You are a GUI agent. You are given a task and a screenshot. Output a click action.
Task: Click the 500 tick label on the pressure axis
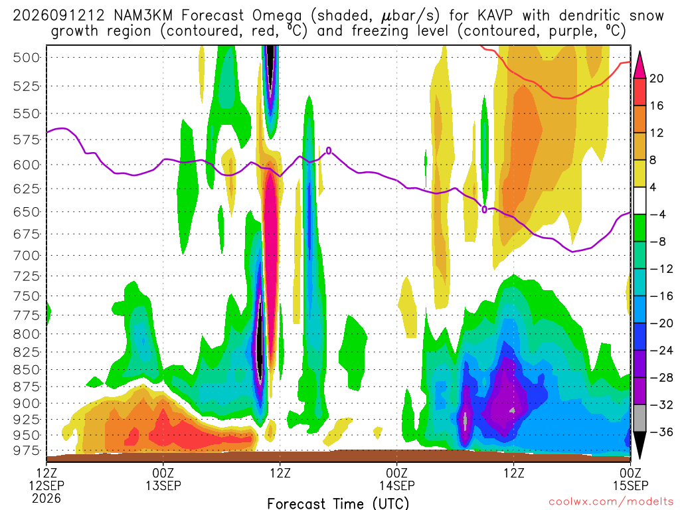pyautogui.click(x=26, y=58)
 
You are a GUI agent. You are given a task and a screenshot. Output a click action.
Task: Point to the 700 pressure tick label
pyautogui.click(x=26, y=256)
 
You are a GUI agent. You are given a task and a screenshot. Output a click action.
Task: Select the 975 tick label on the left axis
pyautogui.click(x=26, y=451)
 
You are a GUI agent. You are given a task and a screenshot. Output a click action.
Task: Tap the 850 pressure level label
pyautogui.click(x=26, y=370)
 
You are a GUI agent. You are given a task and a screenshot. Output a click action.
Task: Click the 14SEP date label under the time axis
pyautogui.click(x=397, y=485)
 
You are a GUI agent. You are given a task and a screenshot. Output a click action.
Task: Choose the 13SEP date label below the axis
pyautogui.click(x=163, y=485)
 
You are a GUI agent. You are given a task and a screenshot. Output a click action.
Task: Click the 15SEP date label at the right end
pyautogui.click(x=630, y=485)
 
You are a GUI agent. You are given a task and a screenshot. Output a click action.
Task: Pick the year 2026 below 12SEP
pyautogui.click(x=46, y=498)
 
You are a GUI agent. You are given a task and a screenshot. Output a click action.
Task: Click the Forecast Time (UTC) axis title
pyautogui.click(x=338, y=503)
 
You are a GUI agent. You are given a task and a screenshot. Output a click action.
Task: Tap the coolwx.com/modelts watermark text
pyautogui.click(x=611, y=502)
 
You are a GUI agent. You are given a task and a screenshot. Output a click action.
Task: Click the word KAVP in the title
pyautogui.click(x=495, y=16)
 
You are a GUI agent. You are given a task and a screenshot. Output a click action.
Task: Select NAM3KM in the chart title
pyautogui.click(x=143, y=16)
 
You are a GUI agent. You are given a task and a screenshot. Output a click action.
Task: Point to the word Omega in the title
pyautogui.click(x=277, y=17)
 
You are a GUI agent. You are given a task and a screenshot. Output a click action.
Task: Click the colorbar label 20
pyautogui.click(x=657, y=78)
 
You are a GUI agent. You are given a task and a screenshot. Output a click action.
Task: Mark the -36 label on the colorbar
pyautogui.click(x=661, y=432)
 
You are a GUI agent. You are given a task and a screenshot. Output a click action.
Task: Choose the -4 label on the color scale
pyautogui.click(x=658, y=214)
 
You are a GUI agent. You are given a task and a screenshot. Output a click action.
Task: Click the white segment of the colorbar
pyautogui.click(x=639, y=201)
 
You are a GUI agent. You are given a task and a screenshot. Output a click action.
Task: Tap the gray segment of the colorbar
pyautogui.click(x=639, y=418)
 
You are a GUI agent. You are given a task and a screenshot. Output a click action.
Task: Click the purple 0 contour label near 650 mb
pyautogui.click(x=484, y=210)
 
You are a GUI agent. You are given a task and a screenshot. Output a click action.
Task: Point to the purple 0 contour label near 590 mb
pyautogui.click(x=329, y=151)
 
